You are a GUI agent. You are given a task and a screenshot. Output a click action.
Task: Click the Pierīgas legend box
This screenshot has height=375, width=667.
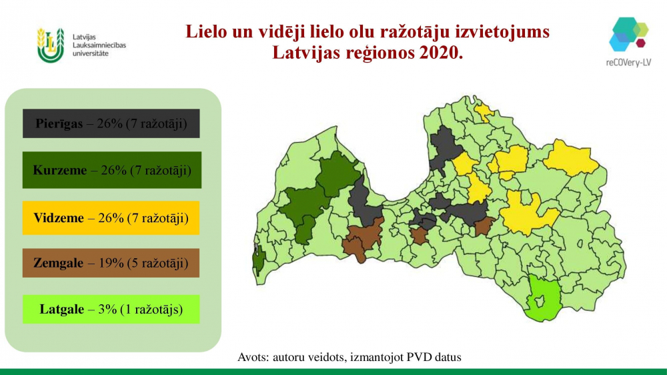coord(111,123)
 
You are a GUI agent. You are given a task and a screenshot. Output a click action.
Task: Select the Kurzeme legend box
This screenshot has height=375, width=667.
coord(112,170)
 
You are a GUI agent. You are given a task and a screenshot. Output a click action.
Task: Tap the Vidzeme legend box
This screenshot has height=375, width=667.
coord(111,218)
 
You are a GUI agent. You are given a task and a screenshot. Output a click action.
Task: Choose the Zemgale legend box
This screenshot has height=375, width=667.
coord(111,263)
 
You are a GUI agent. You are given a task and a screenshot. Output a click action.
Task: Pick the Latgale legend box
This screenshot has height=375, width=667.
coord(111,309)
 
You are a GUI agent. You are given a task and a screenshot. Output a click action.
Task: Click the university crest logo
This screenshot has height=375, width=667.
coord(51,45)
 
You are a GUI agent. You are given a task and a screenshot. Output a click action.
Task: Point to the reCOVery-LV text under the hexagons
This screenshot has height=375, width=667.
coord(629,63)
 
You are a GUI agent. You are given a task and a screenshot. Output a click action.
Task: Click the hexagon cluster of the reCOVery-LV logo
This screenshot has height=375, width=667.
coord(629,34)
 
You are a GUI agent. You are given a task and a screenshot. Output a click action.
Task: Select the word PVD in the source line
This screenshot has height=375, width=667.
coord(420,357)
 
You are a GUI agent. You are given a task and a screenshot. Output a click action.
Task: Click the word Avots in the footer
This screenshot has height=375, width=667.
coord(253,357)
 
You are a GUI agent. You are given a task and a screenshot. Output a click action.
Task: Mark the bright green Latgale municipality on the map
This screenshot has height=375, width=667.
coord(542,298)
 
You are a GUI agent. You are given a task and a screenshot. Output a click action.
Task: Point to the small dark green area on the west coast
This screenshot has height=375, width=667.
coord(258,258)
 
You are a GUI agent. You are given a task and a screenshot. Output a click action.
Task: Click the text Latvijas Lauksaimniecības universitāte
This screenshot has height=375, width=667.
coord(99,45)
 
